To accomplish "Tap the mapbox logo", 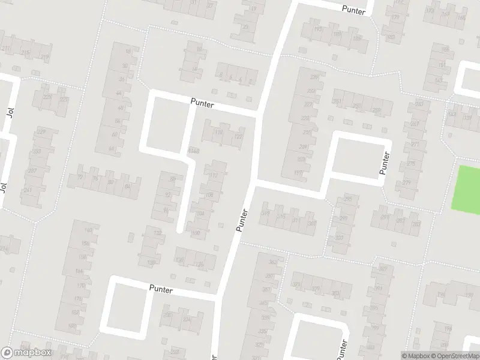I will point(26,353).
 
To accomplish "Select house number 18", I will point(127,52).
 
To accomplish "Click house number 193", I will point(318,29).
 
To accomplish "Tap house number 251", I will point(338,102).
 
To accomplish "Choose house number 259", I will point(377,110).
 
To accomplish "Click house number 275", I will point(411,164).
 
